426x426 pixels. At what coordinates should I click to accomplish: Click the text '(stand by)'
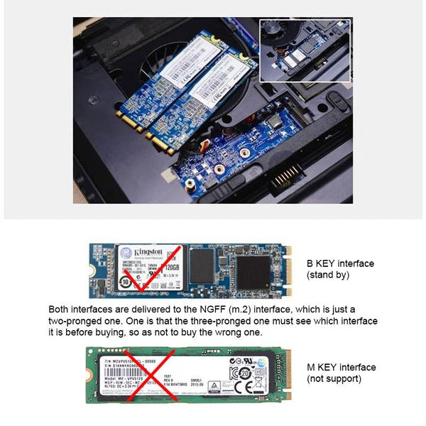pos(326,274)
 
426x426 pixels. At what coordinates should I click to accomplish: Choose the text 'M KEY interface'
pos(341,367)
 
